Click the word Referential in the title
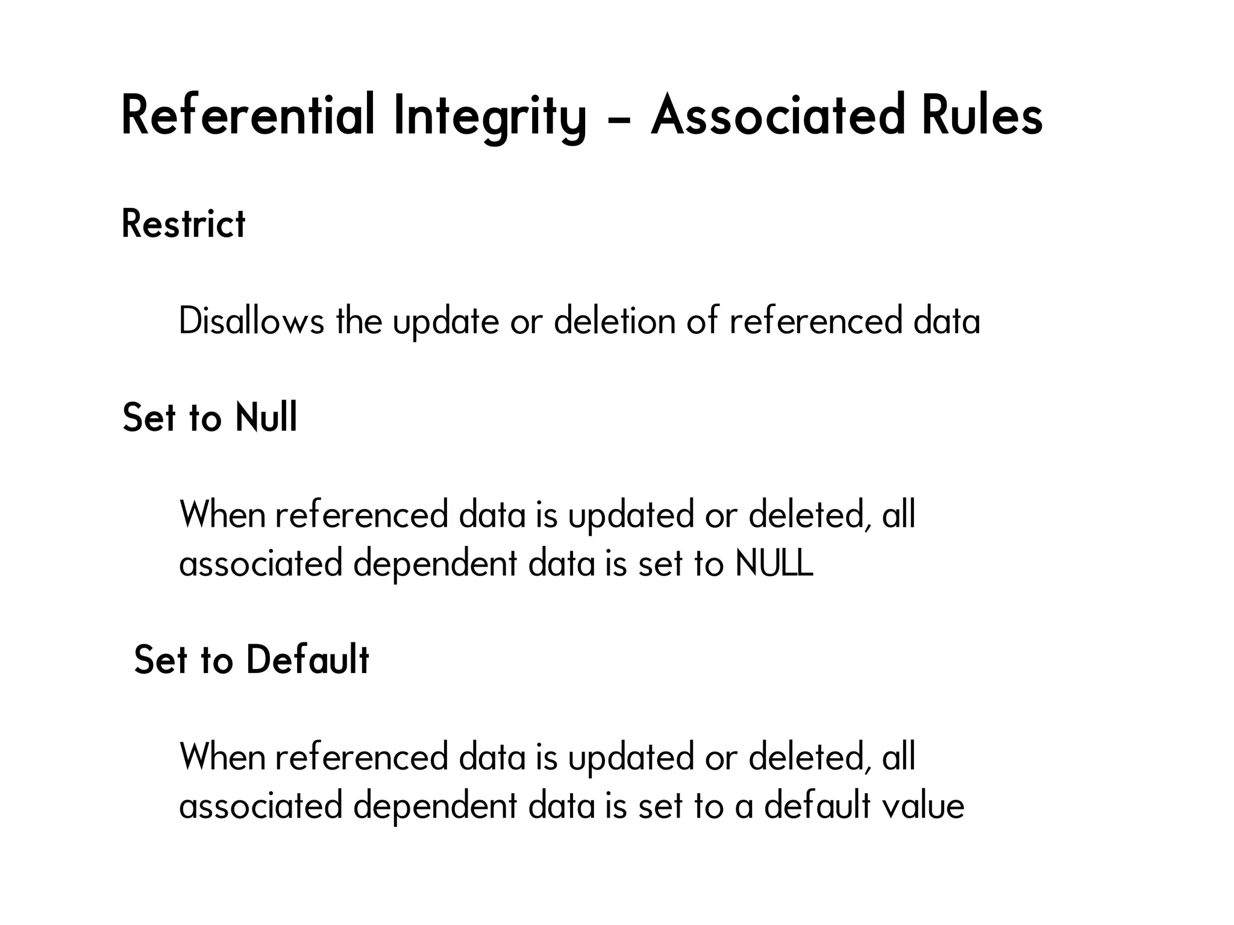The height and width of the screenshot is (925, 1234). [x=248, y=114]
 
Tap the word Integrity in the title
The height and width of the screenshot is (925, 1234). [x=489, y=116]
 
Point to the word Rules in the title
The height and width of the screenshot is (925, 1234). [x=982, y=114]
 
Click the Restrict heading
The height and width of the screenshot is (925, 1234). [x=184, y=224]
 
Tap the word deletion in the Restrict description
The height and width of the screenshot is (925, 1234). [x=614, y=321]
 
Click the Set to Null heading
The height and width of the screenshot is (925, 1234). [x=210, y=417]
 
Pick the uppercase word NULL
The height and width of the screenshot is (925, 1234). [x=774, y=563]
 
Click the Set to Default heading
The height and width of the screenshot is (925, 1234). [x=251, y=659]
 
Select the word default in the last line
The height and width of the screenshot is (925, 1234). [x=817, y=806]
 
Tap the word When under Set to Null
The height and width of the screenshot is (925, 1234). [x=222, y=515]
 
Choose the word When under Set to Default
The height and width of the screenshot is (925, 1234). [x=222, y=757]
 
